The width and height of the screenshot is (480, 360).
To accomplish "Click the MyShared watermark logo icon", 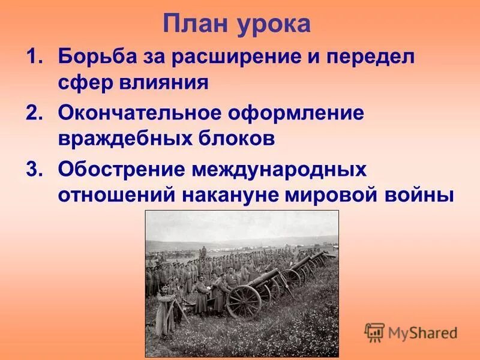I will click(374, 332).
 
